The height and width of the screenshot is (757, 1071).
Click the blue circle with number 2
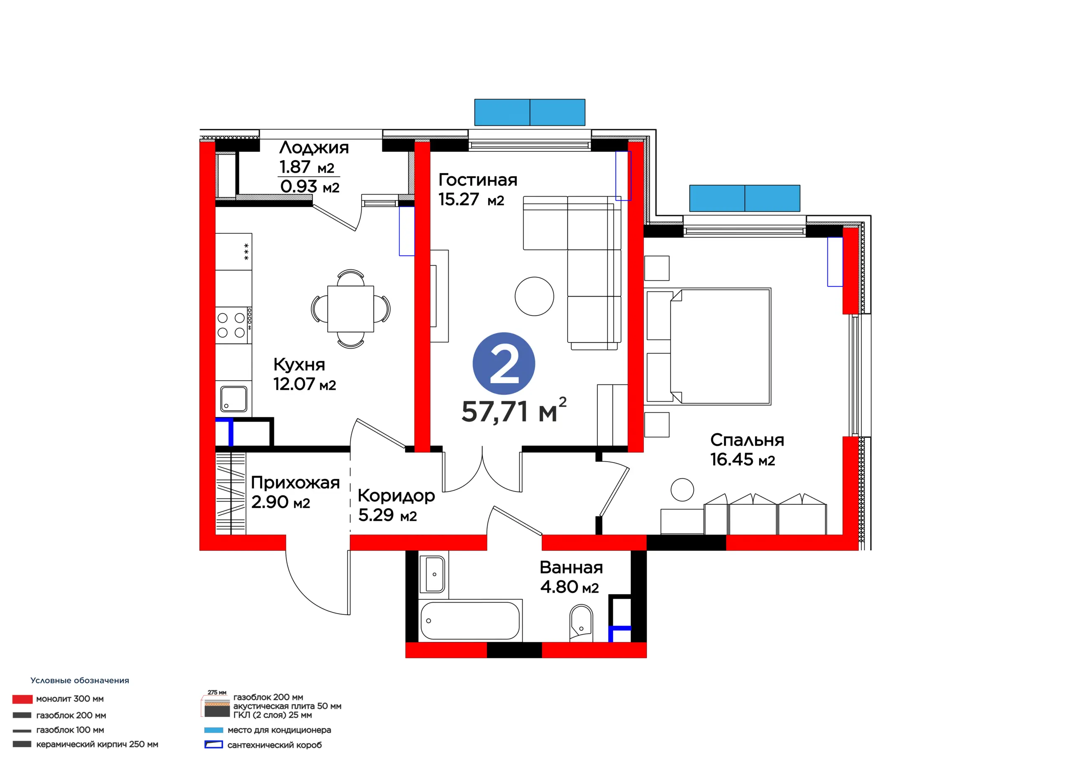point(504,363)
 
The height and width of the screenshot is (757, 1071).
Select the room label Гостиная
point(478,179)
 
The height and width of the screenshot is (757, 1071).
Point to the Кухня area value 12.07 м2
point(305,384)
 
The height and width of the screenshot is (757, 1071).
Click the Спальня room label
point(747,440)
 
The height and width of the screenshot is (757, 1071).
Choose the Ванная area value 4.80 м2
point(569,587)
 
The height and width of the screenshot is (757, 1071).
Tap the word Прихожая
point(295,483)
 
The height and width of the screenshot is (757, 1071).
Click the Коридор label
point(397,496)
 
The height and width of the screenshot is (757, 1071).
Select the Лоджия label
point(314,147)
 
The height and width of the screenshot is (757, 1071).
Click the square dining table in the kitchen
point(350,309)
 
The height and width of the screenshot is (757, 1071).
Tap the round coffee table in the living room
point(535,296)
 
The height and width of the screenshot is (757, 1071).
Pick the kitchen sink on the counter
point(234,399)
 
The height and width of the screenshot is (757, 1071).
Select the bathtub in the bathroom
point(470,620)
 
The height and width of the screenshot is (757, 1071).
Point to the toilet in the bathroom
point(581,623)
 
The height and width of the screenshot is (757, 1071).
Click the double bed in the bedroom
point(707,346)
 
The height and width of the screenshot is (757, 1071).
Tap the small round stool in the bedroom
point(682,490)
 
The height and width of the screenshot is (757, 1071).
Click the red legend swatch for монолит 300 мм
point(23,699)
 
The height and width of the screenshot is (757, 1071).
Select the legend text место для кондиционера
point(279,730)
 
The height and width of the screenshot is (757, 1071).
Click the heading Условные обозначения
point(80,680)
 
